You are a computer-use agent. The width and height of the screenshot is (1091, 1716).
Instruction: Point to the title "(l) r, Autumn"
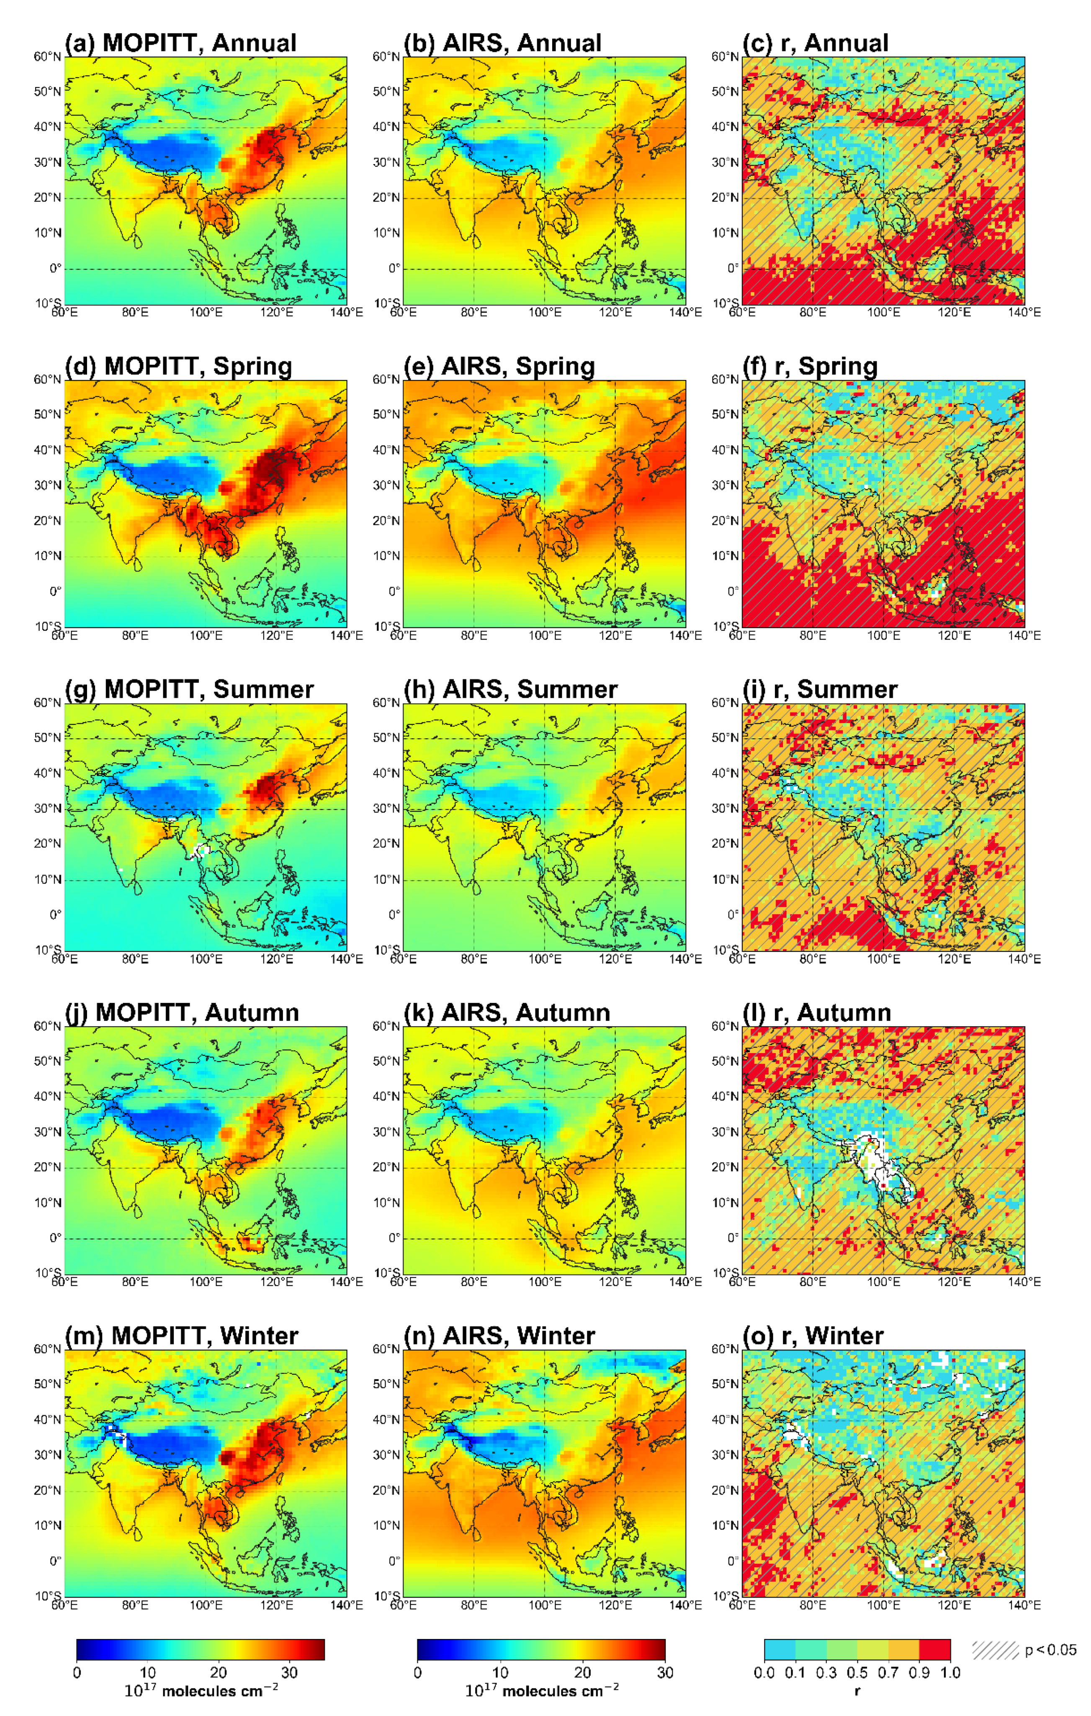click(817, 1012)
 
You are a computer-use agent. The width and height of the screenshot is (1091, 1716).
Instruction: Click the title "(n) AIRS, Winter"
click(499, 1336)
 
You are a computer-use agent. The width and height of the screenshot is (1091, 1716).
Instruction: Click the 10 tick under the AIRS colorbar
click(500, 1672)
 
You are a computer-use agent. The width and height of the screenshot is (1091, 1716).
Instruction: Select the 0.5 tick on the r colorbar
click(857, 1672)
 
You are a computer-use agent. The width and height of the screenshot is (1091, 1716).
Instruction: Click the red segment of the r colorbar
click(935, 1649)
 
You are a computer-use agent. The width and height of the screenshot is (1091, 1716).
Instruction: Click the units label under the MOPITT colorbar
click(201, 1690)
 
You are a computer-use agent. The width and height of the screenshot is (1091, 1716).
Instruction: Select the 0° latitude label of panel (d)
click(55, 591)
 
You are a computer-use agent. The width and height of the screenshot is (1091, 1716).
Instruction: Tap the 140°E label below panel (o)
click(1024, 1605)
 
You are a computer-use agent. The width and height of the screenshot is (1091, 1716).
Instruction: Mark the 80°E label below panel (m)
click(135, 1605)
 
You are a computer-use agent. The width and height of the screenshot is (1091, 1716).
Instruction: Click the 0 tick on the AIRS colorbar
click(417, 1672)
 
